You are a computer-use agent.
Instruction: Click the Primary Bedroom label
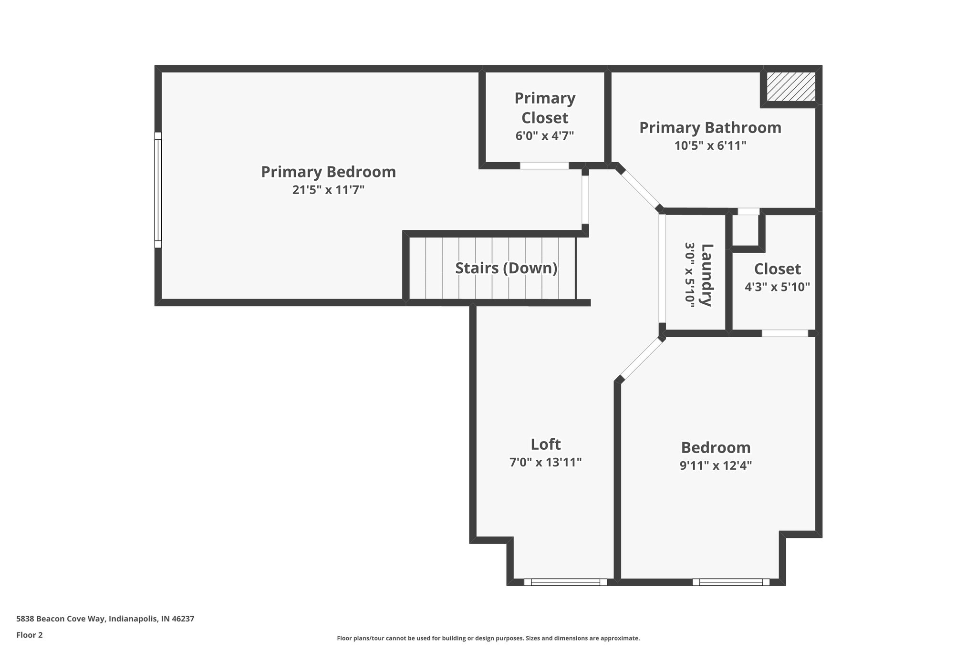(x=328, y=172)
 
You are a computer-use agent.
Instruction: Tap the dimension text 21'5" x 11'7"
(x=328, y=190)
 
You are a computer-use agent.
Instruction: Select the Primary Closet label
(x=545, y=108)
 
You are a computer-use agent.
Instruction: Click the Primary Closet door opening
(x=544, y=165)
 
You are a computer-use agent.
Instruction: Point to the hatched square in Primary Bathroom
(x=790, y=86)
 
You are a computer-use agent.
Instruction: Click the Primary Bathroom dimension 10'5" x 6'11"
(x=710, y=145)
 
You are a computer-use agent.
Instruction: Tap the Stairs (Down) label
(x=506, y=268)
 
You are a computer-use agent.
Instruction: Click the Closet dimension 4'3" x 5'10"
(x=777, y=287)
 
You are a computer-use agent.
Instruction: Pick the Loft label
(x=545, y=444)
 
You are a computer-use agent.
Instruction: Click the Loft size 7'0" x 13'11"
(x=545, y=462)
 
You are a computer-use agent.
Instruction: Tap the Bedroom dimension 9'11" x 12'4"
(x=716, y=465)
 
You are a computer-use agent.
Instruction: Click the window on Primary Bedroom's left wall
(x=158, y=190)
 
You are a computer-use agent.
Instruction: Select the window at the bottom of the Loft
(x=565, y=582)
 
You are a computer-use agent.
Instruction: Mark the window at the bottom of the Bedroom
(x=731, y=582)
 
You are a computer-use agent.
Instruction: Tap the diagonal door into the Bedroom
(x=641, y=358)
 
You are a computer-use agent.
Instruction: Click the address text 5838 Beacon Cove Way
(x=105, y=619)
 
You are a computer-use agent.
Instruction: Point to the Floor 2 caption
(x=30, y=635)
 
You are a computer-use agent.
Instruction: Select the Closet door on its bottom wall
(x=785, y=333)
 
